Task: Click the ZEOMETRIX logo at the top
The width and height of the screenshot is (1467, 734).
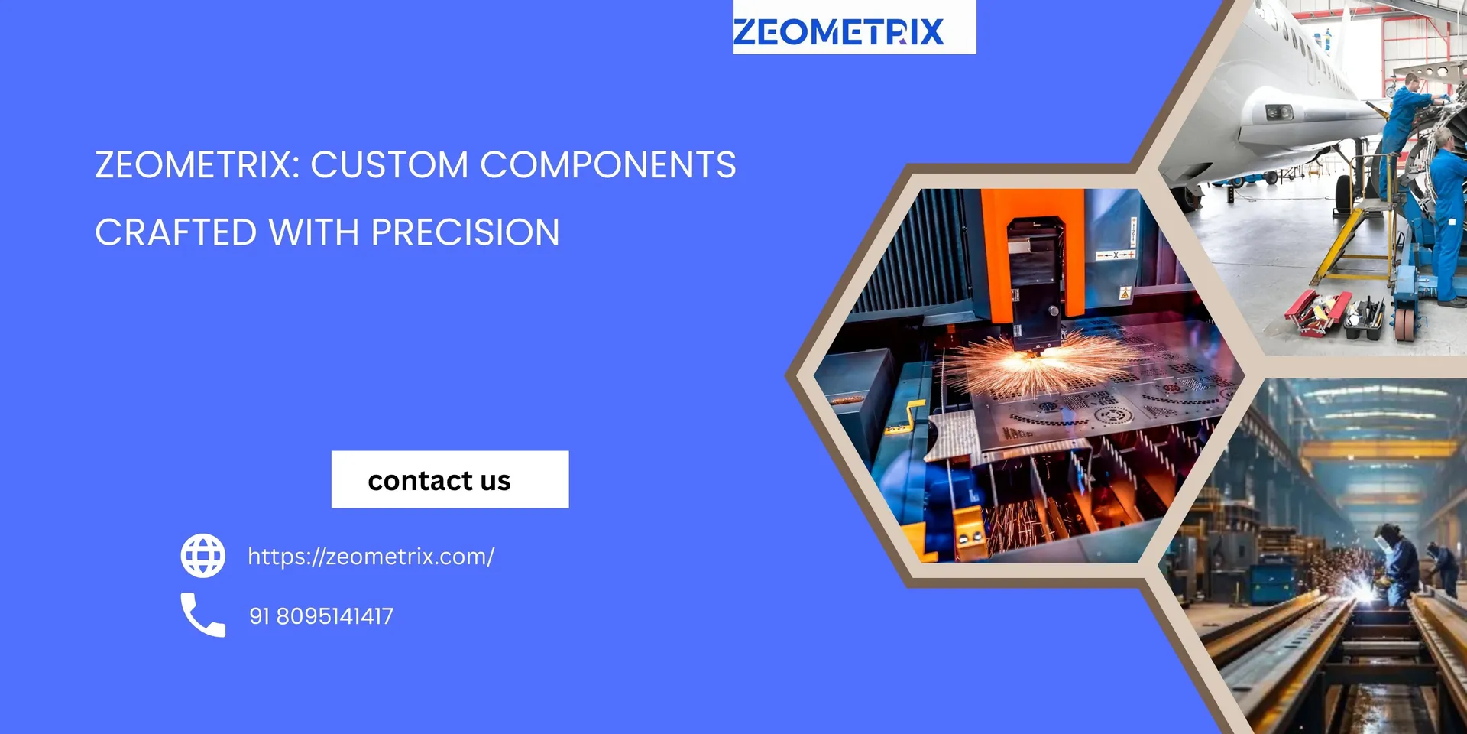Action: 838,31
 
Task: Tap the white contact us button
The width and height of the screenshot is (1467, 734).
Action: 450,479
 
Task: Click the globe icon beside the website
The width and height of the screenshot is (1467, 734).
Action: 203,556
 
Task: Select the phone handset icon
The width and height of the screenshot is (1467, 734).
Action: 203,615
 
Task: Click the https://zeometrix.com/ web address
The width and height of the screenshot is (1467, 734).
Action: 371,557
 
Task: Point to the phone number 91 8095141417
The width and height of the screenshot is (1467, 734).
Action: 321,616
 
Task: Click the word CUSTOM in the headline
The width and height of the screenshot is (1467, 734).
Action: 389,165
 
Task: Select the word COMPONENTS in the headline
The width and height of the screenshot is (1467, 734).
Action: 608,165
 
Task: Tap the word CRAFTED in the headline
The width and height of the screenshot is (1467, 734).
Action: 176,232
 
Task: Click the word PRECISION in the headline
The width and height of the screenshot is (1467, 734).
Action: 465,232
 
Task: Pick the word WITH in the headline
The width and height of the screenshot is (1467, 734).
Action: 314,232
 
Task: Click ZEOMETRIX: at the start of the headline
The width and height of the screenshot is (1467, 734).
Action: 196,165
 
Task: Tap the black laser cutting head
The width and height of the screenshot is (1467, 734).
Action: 1035,283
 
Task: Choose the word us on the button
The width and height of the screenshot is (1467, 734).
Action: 495,481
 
